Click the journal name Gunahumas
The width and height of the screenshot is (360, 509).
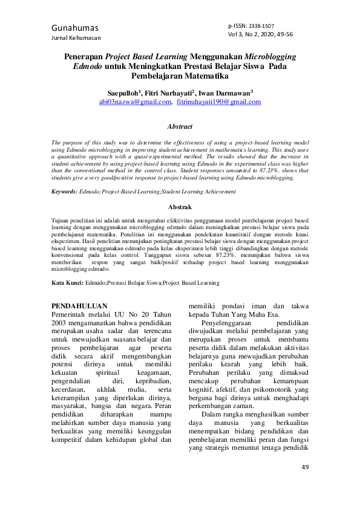tap(75, 28)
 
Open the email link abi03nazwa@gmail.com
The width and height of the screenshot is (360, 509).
tap(135, 102)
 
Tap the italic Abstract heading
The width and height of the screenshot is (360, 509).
tap(180, 127)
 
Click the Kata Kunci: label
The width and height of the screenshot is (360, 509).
tap(67, 282)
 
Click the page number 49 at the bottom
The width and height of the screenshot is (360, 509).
tap(304, 468)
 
